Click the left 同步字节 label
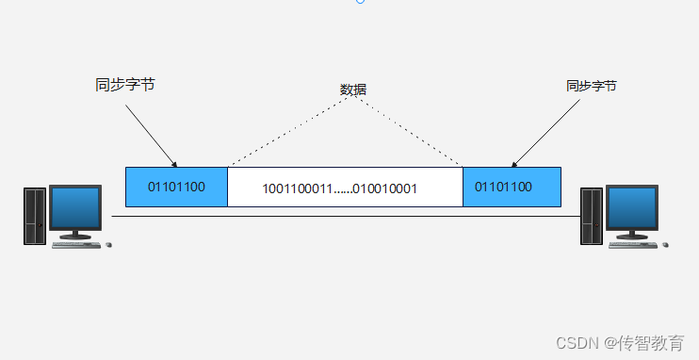[124, 85]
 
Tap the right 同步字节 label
[592, 85]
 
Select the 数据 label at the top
[353, 90]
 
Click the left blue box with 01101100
[176, 187]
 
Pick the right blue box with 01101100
[512, 187]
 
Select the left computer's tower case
[35, 215]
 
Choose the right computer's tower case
[591, 215]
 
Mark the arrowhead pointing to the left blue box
[175, 164]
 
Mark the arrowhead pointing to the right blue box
[514, 163]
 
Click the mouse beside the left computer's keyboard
[108, 245]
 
